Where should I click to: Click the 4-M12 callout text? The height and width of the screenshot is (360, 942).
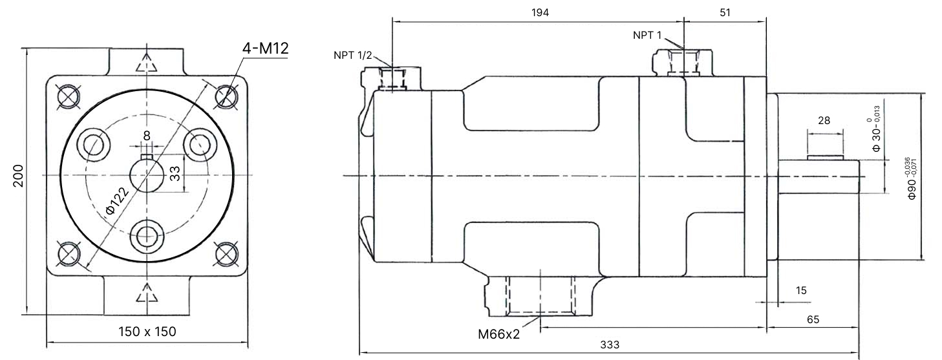(x=265, y=48)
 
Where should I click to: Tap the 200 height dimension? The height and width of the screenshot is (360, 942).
(x=18, y=175)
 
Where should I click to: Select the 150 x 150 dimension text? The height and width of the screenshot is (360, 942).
(x=147, y=332)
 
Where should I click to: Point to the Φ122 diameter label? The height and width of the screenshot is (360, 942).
(x=117, y=200)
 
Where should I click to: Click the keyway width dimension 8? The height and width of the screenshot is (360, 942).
(x=147, y=136)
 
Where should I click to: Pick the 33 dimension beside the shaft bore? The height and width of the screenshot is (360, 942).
(x=175, y=173)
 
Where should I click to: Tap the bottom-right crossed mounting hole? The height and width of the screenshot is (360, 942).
(x=227, y=253)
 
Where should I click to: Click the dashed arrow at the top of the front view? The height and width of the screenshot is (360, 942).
(x=146, y=63)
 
